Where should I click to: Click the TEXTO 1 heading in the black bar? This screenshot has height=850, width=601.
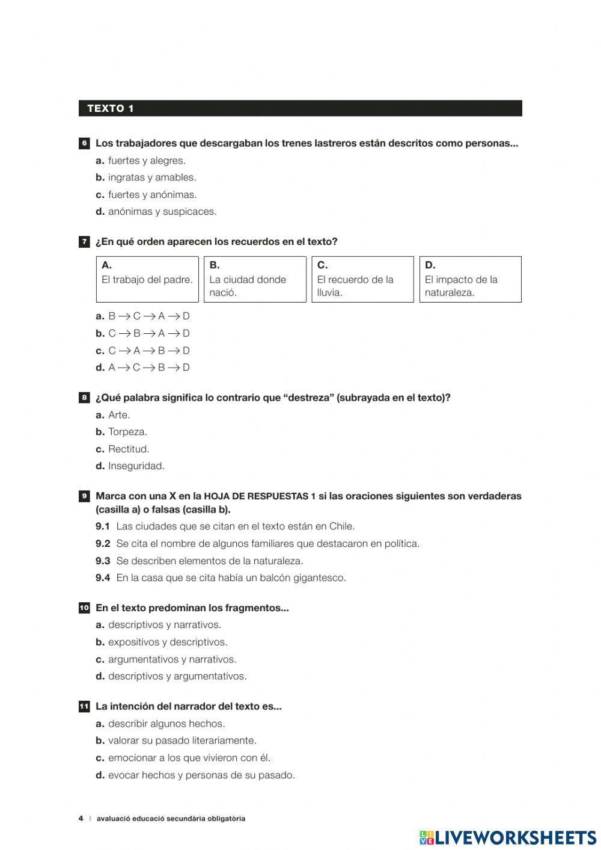(111, 108)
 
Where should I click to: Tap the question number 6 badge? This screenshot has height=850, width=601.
(84, 143)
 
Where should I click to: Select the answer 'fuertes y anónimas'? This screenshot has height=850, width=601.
(152, 194)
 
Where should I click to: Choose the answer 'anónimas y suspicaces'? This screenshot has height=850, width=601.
(162, 211)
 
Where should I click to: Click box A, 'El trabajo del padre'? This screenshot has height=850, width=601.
(147, 279)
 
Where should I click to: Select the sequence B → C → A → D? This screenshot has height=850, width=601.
(148, 316)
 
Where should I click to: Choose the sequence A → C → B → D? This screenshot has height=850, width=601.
(148, 367)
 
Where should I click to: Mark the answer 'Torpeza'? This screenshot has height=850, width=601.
(127, 431)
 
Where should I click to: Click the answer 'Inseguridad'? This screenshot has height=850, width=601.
(136, 466)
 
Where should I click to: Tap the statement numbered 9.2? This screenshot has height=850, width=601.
(267, 543)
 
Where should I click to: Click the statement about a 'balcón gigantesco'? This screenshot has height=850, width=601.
(231, 577)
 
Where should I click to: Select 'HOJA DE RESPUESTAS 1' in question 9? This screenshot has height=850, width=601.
(260, 496)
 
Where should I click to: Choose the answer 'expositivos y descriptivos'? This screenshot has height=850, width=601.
(167, 642)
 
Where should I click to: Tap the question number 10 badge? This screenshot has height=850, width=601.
(84, 608)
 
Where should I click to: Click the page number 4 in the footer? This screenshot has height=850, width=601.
(81, 818)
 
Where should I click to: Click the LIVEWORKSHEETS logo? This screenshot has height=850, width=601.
(508, 837)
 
